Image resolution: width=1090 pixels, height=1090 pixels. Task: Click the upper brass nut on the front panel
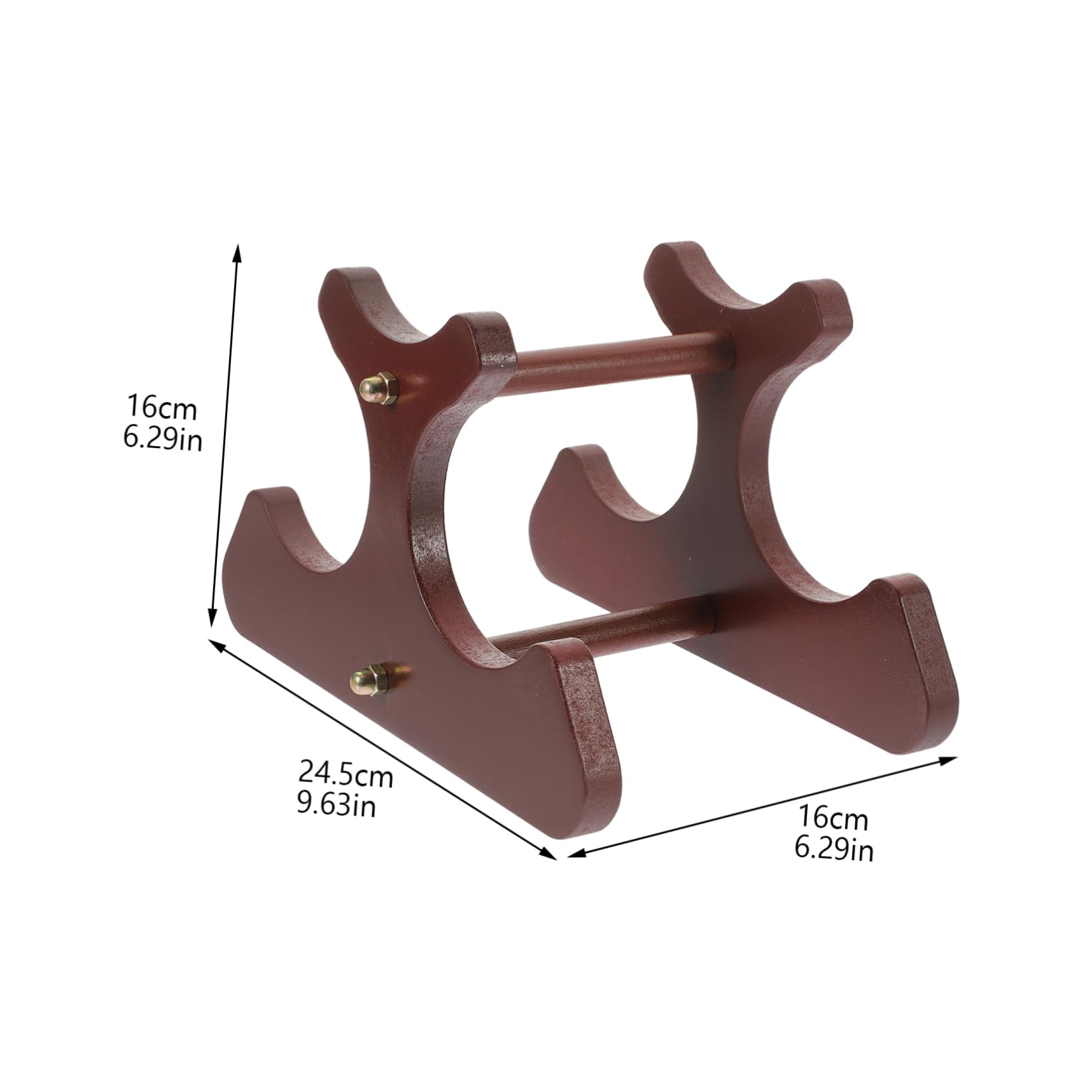[x=378, y=387]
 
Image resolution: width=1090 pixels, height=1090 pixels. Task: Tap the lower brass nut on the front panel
[x=368, y=680]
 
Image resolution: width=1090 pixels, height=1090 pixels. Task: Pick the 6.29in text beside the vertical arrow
[x=163, y=438]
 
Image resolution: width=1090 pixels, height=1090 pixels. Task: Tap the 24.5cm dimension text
[x=346, y=774]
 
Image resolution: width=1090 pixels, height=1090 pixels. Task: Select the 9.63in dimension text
[x=337, y=805]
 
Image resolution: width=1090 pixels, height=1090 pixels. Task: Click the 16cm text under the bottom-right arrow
[x=833, y=818]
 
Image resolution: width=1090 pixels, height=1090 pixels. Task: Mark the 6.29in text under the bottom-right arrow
[x=834, y=849]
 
